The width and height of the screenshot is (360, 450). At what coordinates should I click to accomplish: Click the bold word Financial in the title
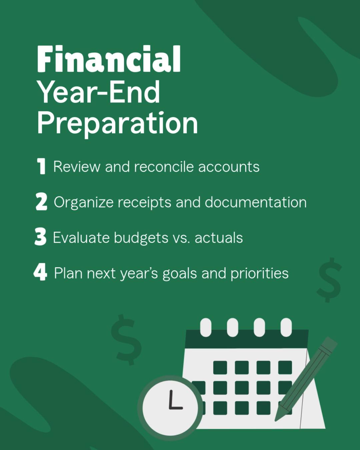(109, 59)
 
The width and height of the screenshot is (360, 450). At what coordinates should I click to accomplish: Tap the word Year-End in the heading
(99, 92)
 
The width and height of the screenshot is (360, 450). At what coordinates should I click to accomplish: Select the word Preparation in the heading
(117, 123)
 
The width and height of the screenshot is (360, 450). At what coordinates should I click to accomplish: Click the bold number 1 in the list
(41, 166)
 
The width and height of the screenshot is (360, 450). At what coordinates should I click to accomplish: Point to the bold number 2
(41, 202)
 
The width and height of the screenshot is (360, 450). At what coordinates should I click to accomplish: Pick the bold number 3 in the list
(40, 237)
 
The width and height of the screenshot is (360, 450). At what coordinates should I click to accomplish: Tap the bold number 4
(40, 272)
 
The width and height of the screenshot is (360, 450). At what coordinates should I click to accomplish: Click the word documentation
(255, 202)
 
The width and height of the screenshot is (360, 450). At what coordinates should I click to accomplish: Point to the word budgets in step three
(141, 238)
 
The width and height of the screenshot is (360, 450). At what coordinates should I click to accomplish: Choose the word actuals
(219, 238)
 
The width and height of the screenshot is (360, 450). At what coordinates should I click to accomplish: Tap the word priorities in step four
(259, 273)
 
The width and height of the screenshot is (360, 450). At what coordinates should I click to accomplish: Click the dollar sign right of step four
(329, 280)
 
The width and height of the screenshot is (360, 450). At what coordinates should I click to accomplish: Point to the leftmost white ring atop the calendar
(206, 327)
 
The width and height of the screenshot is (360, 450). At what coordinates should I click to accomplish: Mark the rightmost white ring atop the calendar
(286, 327)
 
